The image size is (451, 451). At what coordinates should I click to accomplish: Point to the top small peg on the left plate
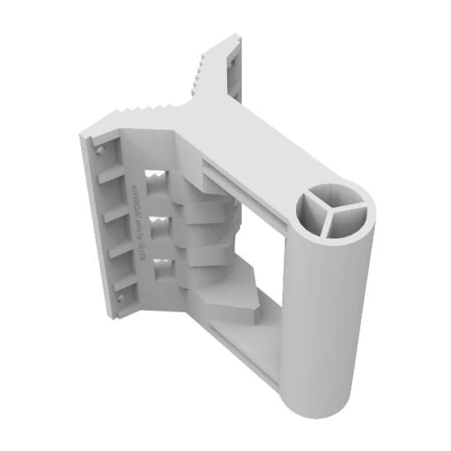[99, 151]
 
